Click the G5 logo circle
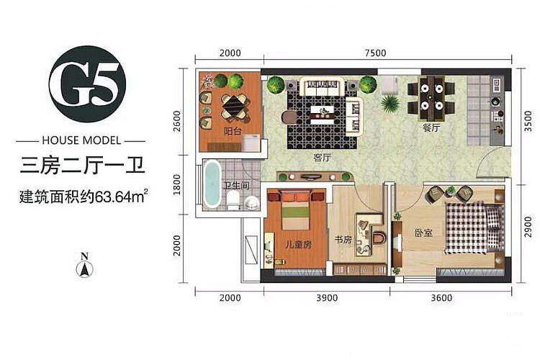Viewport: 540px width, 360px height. (87, 84)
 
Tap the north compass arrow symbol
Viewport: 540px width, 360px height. (84, 269)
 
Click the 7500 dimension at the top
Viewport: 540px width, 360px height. (375, 53)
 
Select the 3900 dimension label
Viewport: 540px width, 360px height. (327, 297)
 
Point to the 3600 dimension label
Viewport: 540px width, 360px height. (441, 297)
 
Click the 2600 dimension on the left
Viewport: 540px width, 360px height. (176, 121)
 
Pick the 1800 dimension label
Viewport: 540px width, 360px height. (176, 184)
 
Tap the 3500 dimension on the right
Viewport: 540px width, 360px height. (528, 121)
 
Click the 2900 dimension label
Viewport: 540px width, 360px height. (528, 226)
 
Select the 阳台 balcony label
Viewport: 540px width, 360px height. (233, 131)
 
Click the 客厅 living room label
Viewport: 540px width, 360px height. (322, 158)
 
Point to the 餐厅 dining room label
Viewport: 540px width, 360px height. (431, 128)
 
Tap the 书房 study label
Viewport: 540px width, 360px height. (343, 239)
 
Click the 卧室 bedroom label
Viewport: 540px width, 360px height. (423, 233)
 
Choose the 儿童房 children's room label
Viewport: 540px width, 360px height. (298, 244)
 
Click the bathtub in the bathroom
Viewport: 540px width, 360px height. (212, 184)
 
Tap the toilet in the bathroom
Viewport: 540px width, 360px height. (233, 200)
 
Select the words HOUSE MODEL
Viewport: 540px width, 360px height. (81, 140)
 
